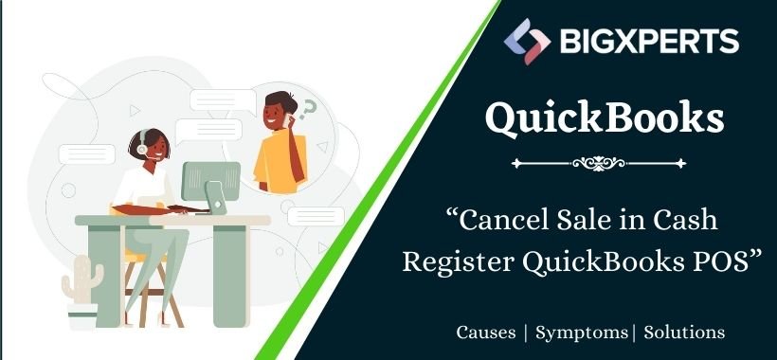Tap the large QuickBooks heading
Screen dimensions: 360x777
click(605, 117)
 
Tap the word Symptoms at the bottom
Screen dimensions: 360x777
click(582, 333)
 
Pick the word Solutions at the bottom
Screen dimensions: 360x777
click(684, 333)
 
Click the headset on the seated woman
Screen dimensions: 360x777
click(139, 149)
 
